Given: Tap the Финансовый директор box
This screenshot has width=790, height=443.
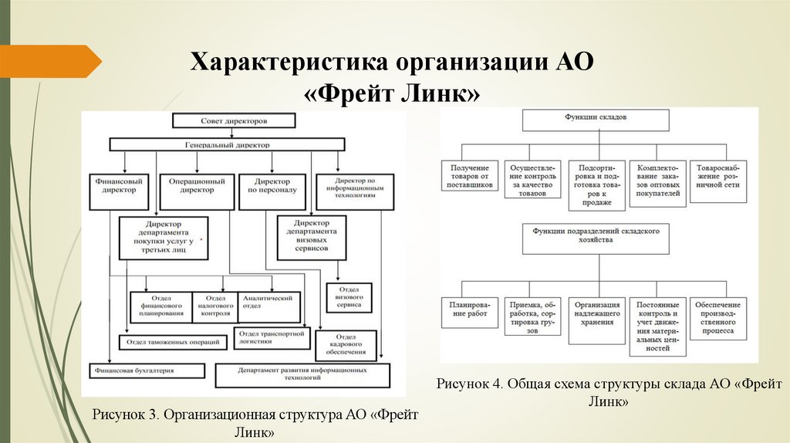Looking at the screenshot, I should coord(118,186).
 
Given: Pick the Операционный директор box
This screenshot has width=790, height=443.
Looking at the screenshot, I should coord(197,186).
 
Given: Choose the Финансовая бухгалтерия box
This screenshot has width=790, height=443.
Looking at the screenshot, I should coord(147,371).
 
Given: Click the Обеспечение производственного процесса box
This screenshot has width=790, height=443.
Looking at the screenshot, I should coord(719,320).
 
